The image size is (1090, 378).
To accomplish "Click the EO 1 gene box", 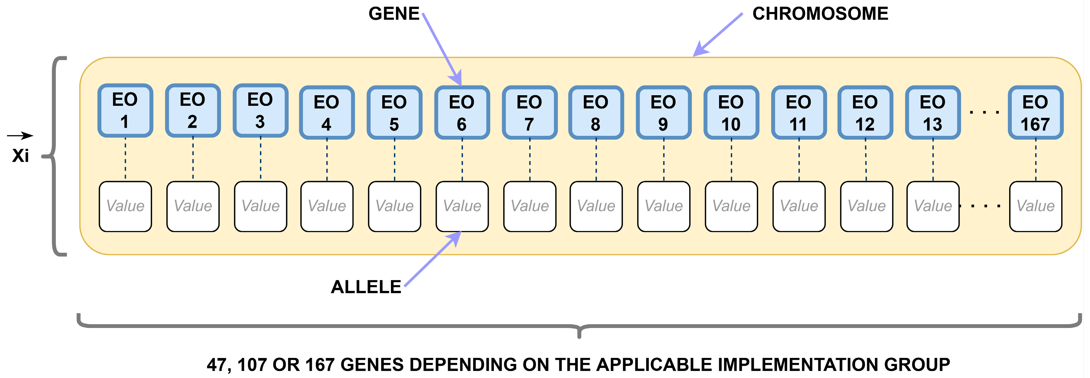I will (x=125, y=110).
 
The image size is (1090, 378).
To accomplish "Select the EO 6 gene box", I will (x=462, y=113).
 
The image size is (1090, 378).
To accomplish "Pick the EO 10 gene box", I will (x=731, y=113).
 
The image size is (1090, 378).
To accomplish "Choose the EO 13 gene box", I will (x=933, y=113).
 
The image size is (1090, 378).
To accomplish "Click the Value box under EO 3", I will (x=261, y=206).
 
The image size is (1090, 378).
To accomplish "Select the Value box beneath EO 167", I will (x=1036, y=206).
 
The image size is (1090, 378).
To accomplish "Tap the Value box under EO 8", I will (x=596, y=206).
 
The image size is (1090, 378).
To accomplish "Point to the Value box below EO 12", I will (x=866, y=206).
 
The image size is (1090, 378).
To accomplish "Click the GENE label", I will (x=394, y=14).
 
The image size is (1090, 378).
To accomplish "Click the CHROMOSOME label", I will (x=820, y=14).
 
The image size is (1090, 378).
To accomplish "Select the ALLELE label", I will (x=366, y=287).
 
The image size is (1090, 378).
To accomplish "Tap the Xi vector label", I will (x=20, y=156).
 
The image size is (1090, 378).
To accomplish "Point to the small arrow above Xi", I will (x=20, y=136).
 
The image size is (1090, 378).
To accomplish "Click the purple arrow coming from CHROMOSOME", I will (x=718, y=35).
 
